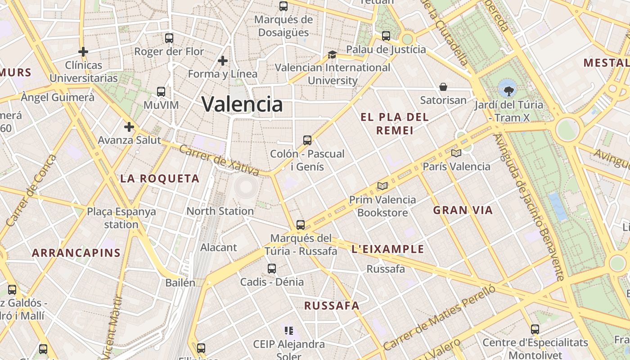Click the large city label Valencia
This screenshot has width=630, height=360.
(x=242, y=104)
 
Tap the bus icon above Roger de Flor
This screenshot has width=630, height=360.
(x=169, y=38)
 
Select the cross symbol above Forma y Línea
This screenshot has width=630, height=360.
(x=222, y=60)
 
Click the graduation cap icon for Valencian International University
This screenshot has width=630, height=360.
(x=332, y=54)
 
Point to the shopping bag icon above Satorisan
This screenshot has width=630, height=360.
(x=443, y=87)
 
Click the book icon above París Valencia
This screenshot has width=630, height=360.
(x=456, y=153)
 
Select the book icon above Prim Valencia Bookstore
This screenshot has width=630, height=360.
(x=382, y=186)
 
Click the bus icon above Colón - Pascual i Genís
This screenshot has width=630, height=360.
(x=307, y=140)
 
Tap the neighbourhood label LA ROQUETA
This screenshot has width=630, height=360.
(x=160, y=179)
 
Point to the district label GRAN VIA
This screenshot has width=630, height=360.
(x=463, y=210)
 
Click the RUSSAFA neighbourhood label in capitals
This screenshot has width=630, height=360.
(x=332, y=306)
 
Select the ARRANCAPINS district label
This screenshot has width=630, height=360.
(x=76, y=253)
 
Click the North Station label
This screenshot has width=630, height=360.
(x=220, y=211)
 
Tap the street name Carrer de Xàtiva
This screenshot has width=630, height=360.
(x=219, y=160)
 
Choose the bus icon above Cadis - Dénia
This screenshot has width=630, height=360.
(x=272, y=269)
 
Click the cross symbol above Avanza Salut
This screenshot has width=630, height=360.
(x=129, y=127)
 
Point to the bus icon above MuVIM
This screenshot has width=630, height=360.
(x=161, y=92)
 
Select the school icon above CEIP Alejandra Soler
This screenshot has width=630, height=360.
(x=289, y=331)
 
